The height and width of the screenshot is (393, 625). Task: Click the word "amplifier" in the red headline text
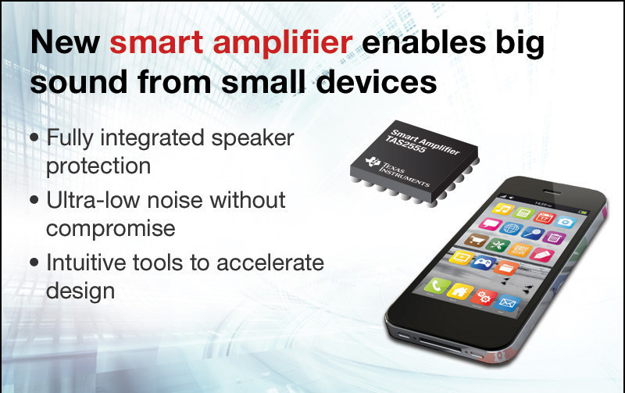(283, 44)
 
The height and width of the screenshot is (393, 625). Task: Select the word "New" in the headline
(65, 42)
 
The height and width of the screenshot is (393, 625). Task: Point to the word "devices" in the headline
(377, 82)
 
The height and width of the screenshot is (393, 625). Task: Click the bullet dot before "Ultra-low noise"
(34, 200)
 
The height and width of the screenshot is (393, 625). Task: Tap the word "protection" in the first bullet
(98, 166)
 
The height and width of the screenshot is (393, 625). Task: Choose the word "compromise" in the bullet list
(111, 229)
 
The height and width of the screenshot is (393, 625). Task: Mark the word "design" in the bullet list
(80, 291)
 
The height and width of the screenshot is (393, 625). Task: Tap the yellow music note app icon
(503, 209)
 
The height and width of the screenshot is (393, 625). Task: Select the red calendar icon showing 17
(544, 217)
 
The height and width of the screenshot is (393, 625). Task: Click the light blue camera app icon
(565, 222)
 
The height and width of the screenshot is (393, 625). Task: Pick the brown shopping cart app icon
(476, 240)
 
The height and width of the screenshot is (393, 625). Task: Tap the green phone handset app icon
(437, 285)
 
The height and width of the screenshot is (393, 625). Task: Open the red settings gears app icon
(484, 297)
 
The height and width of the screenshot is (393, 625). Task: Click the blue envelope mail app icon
(507, 303)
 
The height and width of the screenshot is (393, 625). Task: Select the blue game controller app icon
(483, 263)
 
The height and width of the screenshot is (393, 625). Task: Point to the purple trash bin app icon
(554, 238)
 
